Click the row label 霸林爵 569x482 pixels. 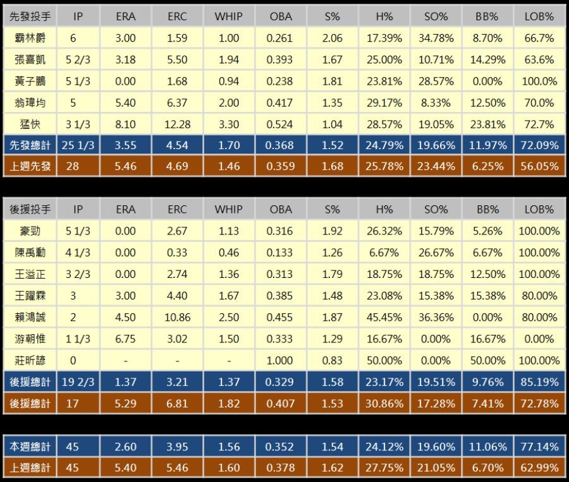[30, 38]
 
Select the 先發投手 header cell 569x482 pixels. [30, 16]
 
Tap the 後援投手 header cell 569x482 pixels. [30, 209]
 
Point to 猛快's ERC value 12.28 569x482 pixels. [177, 124]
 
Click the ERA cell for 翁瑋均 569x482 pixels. [126, 102]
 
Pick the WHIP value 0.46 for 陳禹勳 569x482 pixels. [228, 253]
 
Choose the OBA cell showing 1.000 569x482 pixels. [280, 360]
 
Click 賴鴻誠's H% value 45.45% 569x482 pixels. [384, 317]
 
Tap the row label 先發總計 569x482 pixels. [30, 145]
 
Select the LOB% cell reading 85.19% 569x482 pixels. [539, 382]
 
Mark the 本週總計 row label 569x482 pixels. [30, 447]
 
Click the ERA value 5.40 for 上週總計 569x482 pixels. [126, 468]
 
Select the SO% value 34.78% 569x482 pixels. [436, 38]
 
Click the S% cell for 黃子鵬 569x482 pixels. [332, 81]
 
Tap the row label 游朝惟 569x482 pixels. [30, 339]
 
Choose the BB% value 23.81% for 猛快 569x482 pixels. [487, 124]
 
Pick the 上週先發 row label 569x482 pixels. [30, 167]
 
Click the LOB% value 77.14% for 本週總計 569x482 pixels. [539, 447]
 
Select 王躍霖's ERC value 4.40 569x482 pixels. [177, 296]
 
